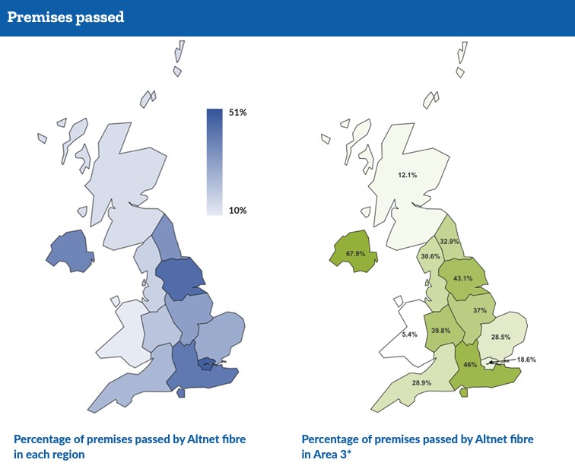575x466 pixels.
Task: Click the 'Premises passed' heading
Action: (65, 17)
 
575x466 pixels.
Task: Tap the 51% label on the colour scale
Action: (238, 113)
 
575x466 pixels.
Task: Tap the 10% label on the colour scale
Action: (238, 210)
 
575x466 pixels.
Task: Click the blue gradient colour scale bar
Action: (214, 161)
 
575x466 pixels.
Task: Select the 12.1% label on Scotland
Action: (408, 175)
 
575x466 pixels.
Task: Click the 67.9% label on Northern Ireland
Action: (356, 253)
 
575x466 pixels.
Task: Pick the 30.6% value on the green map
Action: (430, 256)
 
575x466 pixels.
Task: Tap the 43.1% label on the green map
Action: (462, 278)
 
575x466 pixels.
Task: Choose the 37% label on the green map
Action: (479, 310)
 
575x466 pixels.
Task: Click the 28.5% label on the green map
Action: (500, 337)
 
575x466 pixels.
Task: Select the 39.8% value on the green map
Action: (441, 330)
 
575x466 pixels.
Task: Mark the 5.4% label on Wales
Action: (409, 334)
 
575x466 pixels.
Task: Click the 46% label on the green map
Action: (470, 364)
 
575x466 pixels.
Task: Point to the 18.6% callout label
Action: (526, 359)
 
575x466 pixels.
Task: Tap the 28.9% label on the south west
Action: (421, 382)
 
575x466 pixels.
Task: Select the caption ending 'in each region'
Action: (129, 446)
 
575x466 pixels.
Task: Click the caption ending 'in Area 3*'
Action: (418, 446)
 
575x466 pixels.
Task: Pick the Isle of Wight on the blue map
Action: (180, 393)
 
